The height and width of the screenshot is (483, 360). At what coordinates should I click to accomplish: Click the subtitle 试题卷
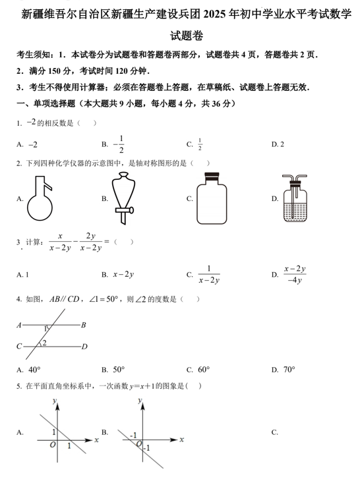(x=179, y=38)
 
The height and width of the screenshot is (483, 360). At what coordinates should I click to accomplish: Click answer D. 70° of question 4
(x=284, y=370)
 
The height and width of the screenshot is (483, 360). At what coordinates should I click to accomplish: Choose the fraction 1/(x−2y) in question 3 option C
(x=209, y=274)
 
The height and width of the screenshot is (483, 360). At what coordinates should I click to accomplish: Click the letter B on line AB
(x=84, y=325)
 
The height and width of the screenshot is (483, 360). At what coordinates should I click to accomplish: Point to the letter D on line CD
(x=84, y=347)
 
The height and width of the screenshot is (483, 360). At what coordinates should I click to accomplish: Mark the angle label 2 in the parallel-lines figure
(x=44, y=343)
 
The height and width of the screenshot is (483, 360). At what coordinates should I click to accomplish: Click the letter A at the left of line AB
(x=19, y=325)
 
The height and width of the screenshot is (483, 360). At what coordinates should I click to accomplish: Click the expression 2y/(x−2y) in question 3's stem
(x=91, y=242)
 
